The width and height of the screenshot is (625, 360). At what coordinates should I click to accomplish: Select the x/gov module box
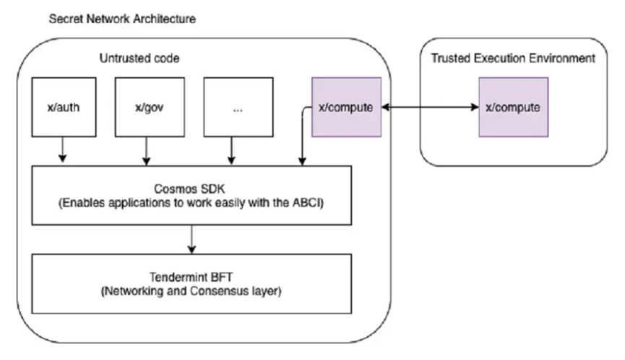click(x=147, y=108)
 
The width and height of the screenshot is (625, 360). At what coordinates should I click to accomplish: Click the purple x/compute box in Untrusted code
click(x=345, y=108)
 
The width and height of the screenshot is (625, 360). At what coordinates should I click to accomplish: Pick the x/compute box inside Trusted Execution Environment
click(x=513, y=108)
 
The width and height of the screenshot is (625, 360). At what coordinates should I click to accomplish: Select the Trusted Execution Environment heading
click(x=513, y=59)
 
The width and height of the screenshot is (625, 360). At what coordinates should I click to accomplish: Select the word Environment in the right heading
click(x=564, y=59)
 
